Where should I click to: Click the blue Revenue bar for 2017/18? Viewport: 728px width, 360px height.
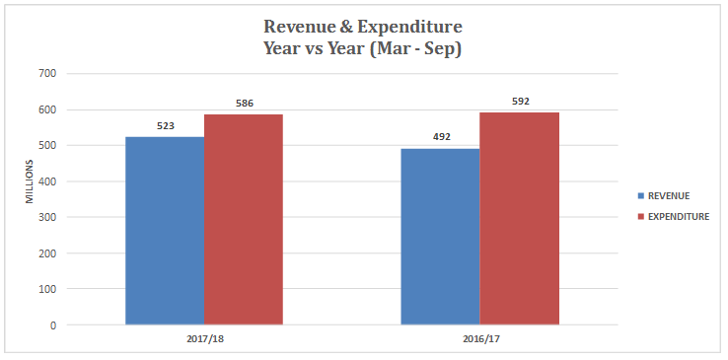(165, 231)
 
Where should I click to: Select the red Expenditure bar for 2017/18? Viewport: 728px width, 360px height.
(244, 219)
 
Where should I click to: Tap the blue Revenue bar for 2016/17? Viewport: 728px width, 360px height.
(440, 237)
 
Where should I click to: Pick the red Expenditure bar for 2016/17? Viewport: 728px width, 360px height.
(519, 218)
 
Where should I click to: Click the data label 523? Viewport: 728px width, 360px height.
(166, 126)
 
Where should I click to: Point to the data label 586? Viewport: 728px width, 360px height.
(245, 104)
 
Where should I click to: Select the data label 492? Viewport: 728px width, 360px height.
(441, 137)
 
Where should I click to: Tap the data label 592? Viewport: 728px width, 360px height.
(520, 102)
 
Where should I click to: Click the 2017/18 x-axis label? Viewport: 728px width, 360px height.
(204, 338)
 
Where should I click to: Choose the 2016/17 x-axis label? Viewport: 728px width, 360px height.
(479, 338)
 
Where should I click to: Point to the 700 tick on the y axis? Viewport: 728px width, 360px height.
(47, 74)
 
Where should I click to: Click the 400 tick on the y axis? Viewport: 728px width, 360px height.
(47, 181)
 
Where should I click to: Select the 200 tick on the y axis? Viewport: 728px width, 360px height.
(47, 253)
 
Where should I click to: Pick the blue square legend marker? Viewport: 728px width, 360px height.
(639, 195)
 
